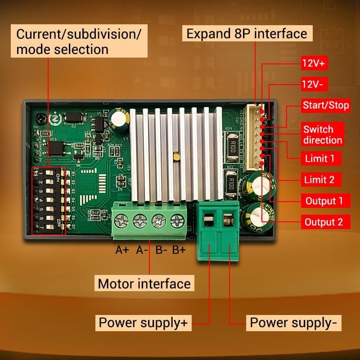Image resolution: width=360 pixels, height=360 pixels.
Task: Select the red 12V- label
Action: [x=315, y=84]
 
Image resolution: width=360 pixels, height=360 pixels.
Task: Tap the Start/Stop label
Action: [x=326, y=106]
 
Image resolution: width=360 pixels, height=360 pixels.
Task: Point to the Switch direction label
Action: [x=323, y=135]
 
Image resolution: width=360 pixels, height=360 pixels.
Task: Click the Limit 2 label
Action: [x=320, y=180]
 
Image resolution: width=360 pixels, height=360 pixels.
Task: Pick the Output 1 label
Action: [x=324, y=201]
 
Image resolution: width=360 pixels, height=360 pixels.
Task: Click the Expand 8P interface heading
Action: [x=247, y=33]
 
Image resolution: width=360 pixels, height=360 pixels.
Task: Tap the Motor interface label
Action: [x=144, y=284]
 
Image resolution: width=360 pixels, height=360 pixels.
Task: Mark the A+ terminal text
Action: [x=122, y=250]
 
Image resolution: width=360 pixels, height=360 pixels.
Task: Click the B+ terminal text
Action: [x=179, y=250]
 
